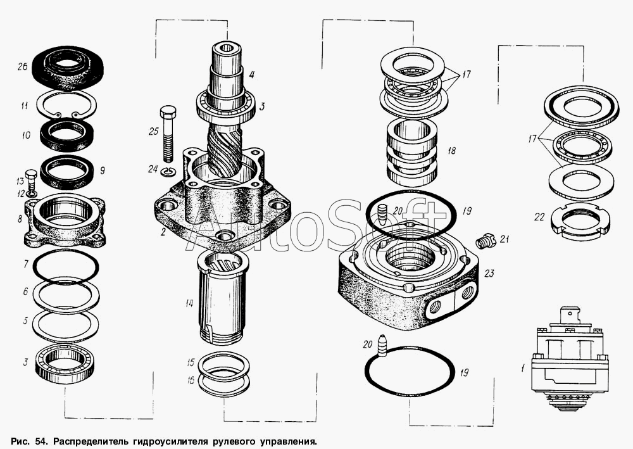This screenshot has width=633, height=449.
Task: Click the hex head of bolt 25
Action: (168, 112)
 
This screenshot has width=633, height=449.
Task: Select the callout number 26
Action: (22, 66)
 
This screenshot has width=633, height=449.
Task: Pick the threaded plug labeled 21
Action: (485, 241)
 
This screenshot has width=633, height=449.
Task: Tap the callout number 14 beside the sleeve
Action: (189, 303)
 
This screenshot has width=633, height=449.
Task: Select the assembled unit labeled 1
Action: (568, 358)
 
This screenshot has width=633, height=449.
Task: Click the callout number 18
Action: (451, 151)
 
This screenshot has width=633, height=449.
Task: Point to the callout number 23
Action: (489, 274)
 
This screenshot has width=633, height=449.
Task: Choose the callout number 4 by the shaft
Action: (251, 74)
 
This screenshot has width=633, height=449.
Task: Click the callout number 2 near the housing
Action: (163, 232)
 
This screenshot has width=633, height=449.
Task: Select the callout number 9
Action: (102, 171)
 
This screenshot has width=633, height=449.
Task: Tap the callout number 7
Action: (25, 264)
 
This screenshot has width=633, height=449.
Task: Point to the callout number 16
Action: (191, 380)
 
